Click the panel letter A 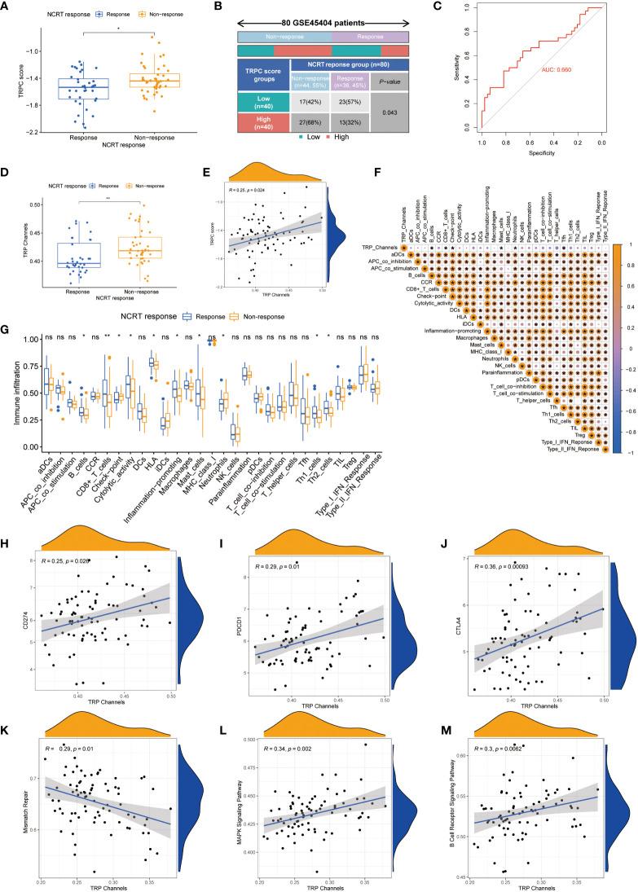6,6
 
